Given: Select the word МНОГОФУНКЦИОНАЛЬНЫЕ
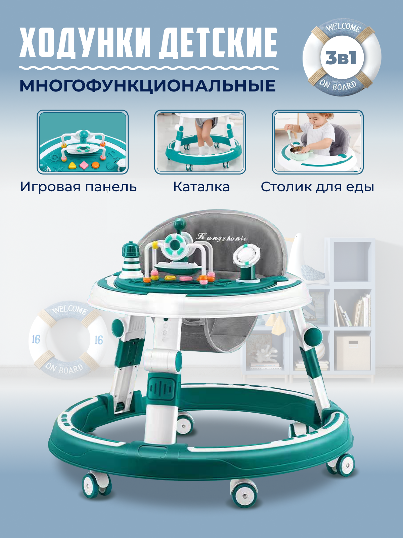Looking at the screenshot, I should [148, 85].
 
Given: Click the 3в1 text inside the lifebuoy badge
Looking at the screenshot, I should [341, 58].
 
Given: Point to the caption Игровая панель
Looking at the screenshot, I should [79, 187].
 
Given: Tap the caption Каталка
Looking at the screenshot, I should [201, 187].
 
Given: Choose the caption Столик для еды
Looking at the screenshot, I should [317, 187].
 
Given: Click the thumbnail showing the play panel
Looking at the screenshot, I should [83, 142].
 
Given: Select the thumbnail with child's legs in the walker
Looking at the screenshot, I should [200, 142].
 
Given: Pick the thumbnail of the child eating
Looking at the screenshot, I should [318, 142].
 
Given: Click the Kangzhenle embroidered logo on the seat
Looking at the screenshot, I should [222, 238].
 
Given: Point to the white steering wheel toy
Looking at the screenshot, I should [247, 255].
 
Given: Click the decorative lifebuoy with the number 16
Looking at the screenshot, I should [67, 340].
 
